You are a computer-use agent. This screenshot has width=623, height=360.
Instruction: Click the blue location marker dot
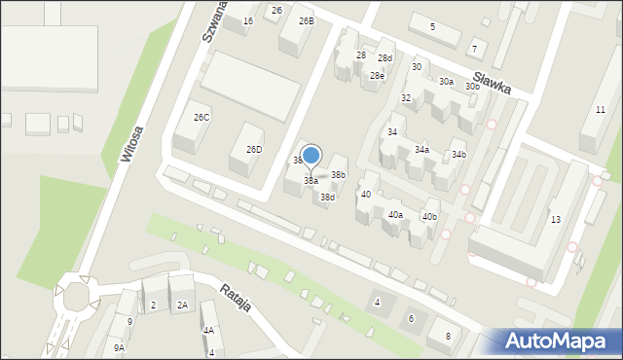(311, 155)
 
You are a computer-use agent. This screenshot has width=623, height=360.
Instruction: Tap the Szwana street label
(209, 20)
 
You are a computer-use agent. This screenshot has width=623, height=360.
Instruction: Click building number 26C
(202, 118)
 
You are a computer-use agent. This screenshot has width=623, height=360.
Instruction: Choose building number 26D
(254, 150)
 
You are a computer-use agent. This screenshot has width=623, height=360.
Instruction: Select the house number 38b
(338, 175)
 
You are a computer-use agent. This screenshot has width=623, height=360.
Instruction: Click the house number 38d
(328, 198)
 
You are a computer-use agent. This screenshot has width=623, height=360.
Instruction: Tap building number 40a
(395, 214)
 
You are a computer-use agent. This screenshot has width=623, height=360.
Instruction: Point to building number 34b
(458, 155)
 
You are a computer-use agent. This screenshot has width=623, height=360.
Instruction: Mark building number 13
(555, 219)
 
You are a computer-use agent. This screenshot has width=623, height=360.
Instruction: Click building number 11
(600, 109)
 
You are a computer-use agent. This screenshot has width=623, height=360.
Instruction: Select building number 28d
(385, 58)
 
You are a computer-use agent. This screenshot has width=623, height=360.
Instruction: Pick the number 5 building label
(432, 26)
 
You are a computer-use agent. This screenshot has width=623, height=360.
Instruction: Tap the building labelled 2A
(182, 306)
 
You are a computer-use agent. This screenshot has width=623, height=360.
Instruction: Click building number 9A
(119, 347)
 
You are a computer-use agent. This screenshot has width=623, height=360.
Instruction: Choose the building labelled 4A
(208, 331)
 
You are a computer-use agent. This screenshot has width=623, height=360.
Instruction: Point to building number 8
(448, 336)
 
